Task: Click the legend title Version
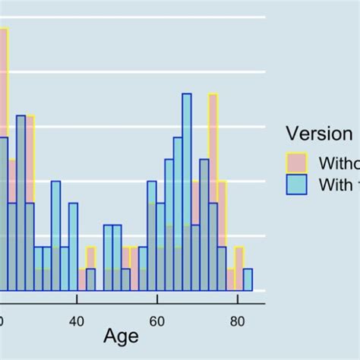tap(319, 134)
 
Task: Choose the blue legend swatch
tap(296, 185)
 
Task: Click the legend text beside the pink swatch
tap(339, 163)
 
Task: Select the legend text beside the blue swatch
tap(339, 185)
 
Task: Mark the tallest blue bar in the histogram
tap(187, 190)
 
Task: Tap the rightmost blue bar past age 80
tap(248, 279)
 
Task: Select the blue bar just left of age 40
tap(73, 247)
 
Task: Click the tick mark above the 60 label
tap(156, 305)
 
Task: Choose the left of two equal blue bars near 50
tap(108, 258)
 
